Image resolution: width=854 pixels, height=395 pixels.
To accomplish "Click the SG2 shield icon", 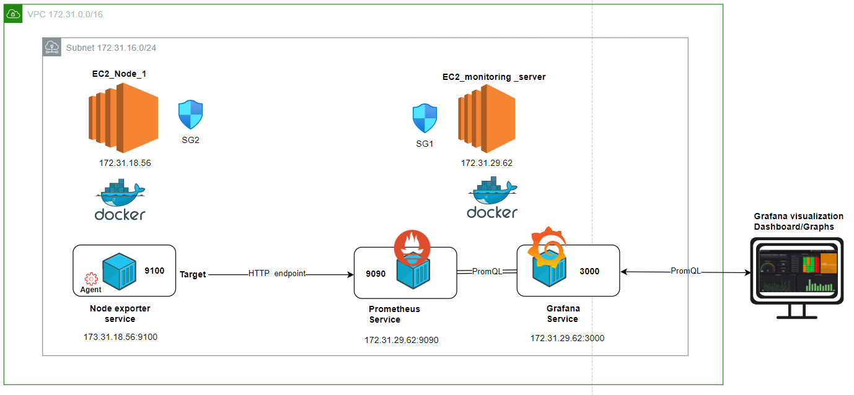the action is [x=191, y=115].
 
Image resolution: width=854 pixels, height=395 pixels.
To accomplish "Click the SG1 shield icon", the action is [x=425, y=118].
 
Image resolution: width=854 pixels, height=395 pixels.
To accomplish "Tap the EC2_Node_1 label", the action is [x=119, y=74].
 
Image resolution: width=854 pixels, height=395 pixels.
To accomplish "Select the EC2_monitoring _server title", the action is [x=494, y=77].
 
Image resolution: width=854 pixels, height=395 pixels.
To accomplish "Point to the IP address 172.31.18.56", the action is [x=125, y=163].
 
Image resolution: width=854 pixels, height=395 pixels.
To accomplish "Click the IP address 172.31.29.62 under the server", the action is [x=486, y=163].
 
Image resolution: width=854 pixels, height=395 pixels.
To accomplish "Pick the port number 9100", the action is [x=154, y=271].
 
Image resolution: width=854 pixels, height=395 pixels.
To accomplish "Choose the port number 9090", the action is [x=376, y=274].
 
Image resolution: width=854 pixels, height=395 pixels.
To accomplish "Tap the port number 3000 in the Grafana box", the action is [x=589, y=271].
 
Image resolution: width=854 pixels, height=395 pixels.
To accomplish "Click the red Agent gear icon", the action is [x=91, y=279].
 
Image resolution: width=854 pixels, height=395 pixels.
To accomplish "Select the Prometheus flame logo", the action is [x=412, y=248].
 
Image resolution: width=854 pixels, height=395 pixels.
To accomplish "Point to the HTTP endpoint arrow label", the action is [x=277, y=274].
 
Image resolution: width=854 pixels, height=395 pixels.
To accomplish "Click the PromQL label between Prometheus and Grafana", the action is [x=487, y=271].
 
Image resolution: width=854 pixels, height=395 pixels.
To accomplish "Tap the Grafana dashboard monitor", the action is [x=797, y=278].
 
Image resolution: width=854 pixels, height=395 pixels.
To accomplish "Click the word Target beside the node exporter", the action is [x=193, y=274].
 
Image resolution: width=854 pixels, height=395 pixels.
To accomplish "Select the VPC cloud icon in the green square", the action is [x=14, y=14].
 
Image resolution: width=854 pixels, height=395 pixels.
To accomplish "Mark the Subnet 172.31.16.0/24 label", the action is [x=111, y=48].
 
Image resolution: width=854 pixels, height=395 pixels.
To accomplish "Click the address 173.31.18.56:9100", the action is [x=120, y=337].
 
